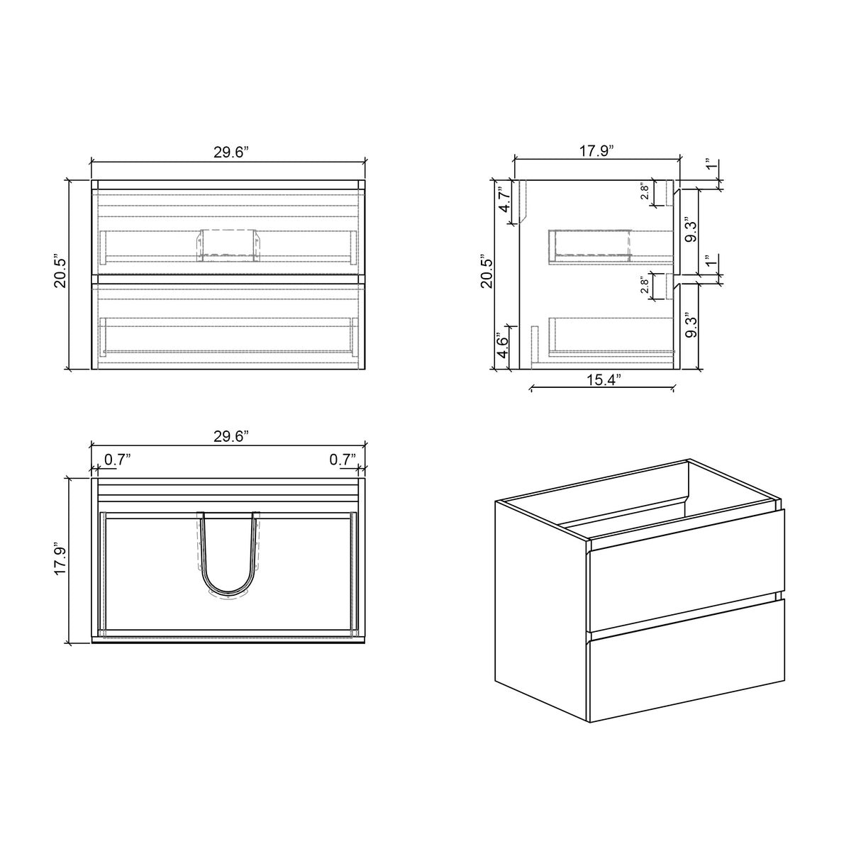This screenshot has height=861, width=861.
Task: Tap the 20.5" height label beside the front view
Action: click(60, 272)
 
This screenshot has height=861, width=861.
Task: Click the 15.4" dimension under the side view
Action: click(601, 379)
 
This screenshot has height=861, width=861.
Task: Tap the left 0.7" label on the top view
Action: click(118, 460)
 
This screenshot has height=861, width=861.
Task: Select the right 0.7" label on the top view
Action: click(343, 460)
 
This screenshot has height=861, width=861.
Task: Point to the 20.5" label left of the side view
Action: click(486, 271)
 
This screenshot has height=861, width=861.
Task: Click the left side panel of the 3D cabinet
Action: click(540, 603)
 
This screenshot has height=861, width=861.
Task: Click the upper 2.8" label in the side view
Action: click(645, 192)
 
